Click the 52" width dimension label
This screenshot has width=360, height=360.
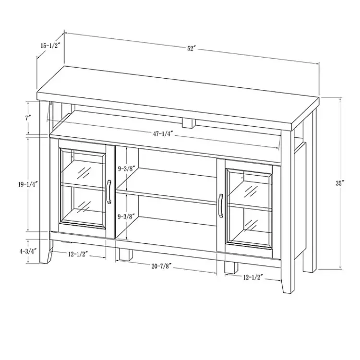[x=192, y=49]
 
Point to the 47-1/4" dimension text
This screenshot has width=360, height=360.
[x=163, y=134]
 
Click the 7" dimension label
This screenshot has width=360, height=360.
[x=29, y=117]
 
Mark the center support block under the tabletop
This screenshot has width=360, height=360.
[x=192, y=122]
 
